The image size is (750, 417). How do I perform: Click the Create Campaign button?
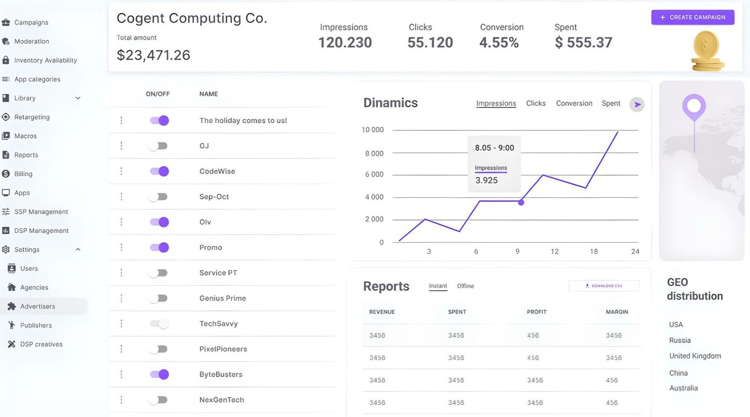(x=692, y=17)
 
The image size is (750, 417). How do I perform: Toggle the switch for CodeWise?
(x=159, y=171)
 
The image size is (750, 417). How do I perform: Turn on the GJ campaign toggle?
(x=159, y=146)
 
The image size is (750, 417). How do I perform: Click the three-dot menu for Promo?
(x=121, y=247)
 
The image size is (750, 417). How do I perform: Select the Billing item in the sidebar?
(x=23, y=174)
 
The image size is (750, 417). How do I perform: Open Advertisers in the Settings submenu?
(x=38, y=306)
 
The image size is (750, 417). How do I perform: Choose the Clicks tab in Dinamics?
(x=536, y=103)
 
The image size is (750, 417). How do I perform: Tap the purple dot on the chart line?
(x=521, y=202)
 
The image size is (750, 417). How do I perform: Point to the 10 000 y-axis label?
(x=372, y=130)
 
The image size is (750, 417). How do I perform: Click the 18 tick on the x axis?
(x=593, y=251)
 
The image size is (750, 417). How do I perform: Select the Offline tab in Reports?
(x=465, y=286)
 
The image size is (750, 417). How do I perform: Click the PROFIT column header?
(x=537, y=312)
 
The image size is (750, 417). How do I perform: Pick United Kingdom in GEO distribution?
(x=695, y=356)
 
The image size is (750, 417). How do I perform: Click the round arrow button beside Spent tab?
(x=637, y=105)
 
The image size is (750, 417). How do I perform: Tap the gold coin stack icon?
(x=707, y=51)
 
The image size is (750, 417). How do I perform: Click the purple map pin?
(x=694, y=106)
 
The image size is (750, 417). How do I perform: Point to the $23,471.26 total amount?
(x=153, y=55)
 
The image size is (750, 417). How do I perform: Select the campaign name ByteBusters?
(x=221, y=374)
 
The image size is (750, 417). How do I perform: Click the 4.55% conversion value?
(x=499, y=43)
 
